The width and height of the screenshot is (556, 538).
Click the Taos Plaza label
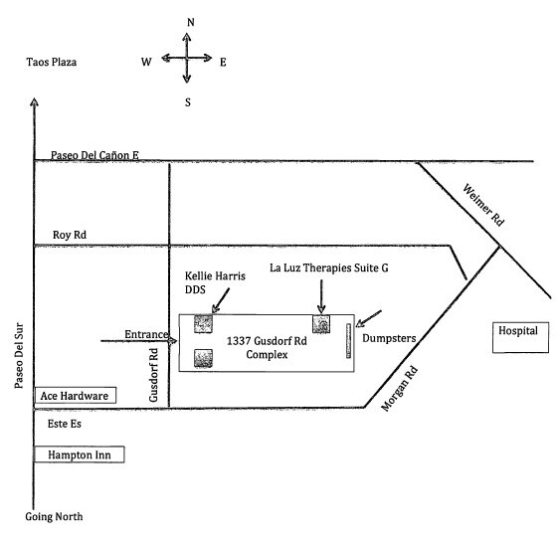click(52, 62)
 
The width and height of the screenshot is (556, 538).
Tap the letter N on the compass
click(191, 22)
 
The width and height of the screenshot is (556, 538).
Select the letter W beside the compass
click(146, 62)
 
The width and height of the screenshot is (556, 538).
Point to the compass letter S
click(188, 102)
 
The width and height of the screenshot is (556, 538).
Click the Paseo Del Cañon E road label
click(94, 155)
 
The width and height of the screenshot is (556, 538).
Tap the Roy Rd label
click(70, 235)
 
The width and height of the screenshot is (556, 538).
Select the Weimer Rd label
click(483, 205)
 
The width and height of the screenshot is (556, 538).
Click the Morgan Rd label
click(399, 389)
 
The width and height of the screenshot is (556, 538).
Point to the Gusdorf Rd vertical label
click(153, 375)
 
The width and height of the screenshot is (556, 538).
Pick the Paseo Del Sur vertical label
click(19, 355)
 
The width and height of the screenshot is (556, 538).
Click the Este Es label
click(65, 424)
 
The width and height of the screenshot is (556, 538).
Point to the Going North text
click(54, 517)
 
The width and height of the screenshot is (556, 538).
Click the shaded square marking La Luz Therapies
click(321, 324)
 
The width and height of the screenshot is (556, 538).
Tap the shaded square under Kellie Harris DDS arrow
click(203, 324)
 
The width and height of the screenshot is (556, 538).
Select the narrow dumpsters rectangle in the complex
click(348, 341)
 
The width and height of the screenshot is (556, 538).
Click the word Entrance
click(146, 334)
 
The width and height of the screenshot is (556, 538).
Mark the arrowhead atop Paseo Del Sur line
click(34, 101)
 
